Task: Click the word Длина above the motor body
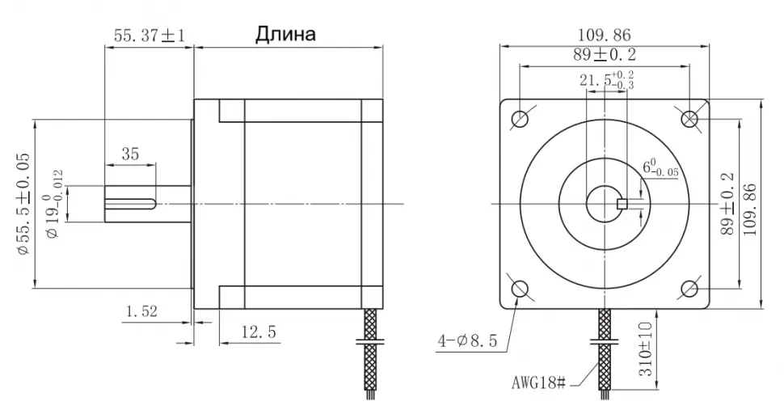pyautogui.click(x=285, y=35)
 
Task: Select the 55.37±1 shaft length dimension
pyautogui.click(x=149, y=36)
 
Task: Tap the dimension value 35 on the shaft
pyautogui.click(x=129, y=154)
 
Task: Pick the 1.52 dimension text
pyautogui.click(x=141, y=310)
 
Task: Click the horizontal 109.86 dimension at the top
pyautogui.click(x=604, y=36)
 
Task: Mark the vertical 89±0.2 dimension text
pyautogui.click(x=727, y=203)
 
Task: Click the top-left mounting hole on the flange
pyautogui.click(x=519, y=119)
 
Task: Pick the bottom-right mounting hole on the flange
pyautogui.click(x=689, y=289)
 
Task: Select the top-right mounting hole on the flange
pyautogui.click(x=689, y=119)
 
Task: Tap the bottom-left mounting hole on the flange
pyautogui.click(x=519, y=289)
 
